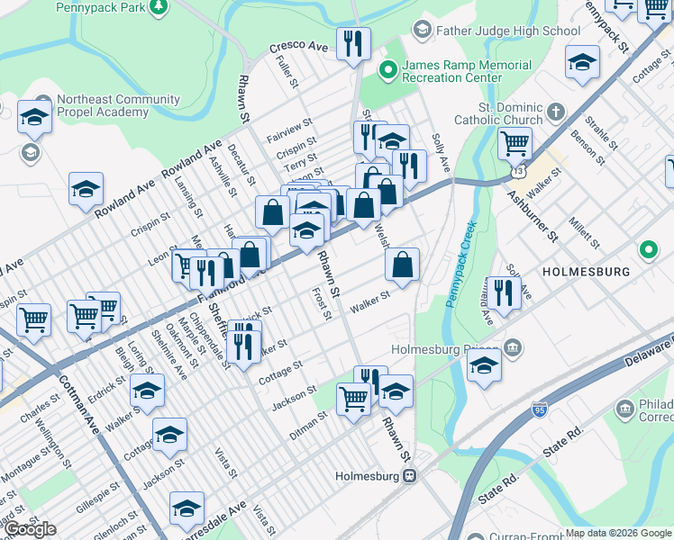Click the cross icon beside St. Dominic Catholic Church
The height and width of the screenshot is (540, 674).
tap(556, 112)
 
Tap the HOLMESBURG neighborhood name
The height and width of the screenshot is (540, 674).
tap(583, 270)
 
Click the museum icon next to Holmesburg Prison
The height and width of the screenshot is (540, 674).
tap(513, 347)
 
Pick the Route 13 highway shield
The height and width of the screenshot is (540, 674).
tap(515, 168)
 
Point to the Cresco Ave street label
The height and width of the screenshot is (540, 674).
tap(297, 47)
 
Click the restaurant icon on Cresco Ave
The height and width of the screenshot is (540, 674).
tap(353, 42)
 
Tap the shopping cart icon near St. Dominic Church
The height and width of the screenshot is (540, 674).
tap(514, 141)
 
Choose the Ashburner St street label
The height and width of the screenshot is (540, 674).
tap(532, 214)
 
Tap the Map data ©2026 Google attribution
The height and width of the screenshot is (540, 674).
tap(618, 533)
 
